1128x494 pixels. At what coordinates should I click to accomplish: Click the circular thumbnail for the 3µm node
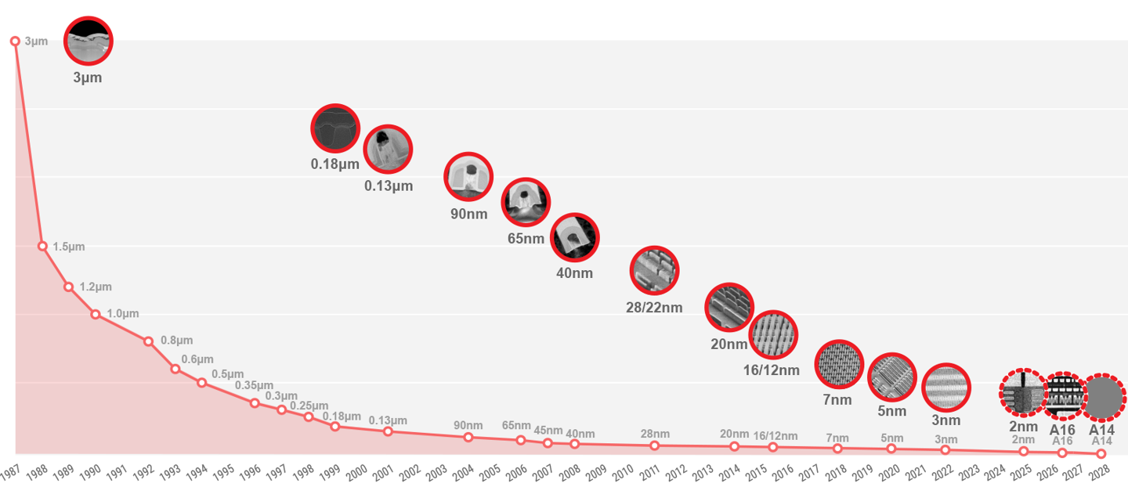point(89,41)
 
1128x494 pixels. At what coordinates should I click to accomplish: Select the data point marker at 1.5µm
point(42,246)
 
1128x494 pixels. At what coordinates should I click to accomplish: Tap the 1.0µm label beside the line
point(122,314)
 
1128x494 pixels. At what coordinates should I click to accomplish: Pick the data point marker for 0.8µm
point(148,341)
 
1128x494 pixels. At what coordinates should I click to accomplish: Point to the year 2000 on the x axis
point(357,471)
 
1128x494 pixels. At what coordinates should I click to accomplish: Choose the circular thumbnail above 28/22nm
point(654,271)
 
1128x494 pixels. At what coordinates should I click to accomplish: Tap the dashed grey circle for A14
point(1104,397)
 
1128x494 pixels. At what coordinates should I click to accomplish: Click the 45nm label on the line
point(548,431)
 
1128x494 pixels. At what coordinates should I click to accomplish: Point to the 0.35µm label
point(254,386)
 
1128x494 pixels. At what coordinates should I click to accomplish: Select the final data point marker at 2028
point(1101,453)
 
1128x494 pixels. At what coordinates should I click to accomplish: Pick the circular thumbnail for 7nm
point(838,365)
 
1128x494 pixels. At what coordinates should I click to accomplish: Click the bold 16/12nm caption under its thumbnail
point(772,370)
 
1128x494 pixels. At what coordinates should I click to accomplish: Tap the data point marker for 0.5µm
point(201,383)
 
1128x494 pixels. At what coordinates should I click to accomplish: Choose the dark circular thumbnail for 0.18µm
point(335,128)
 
